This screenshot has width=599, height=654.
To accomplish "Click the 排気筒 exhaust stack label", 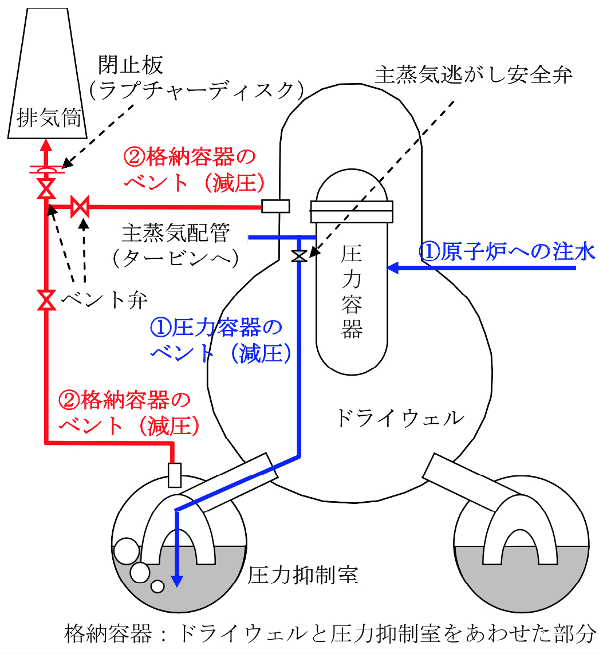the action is point(49,117).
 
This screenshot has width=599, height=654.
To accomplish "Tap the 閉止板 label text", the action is point(131,65).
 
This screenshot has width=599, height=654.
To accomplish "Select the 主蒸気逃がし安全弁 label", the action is point(474,75).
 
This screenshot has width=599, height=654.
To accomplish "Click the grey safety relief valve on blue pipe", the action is point(299,255).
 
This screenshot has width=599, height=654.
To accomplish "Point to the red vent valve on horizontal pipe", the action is point(80,207).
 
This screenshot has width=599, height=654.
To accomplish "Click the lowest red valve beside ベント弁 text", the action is point(46,300).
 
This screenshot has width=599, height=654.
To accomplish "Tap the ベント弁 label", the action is point(104,300).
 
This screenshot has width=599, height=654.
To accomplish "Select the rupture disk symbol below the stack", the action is point(46,170).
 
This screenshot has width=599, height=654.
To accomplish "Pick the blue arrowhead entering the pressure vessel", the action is point(393,267).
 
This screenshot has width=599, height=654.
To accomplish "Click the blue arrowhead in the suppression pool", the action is point(178,581).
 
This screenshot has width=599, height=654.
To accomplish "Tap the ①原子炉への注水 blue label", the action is point(507,251).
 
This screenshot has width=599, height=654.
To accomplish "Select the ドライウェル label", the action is point(400,418).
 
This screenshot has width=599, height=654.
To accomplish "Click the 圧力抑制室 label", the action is point(303,575).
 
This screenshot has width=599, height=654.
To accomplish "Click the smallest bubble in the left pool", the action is point(157,586).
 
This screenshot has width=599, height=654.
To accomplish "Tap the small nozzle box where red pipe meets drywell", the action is point(275,206).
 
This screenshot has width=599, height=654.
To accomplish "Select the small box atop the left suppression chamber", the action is point(174,475).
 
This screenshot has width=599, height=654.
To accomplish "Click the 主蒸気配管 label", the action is point(176,233).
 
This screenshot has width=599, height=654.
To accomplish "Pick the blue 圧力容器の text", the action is point(216,328).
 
